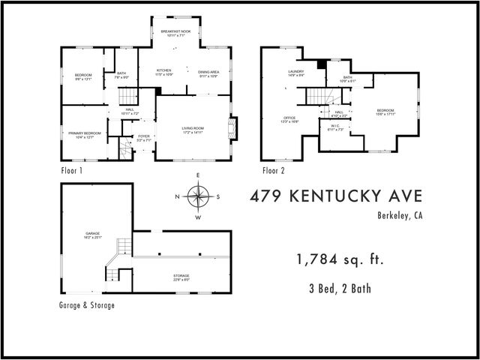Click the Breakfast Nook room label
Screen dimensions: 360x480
point(175,31)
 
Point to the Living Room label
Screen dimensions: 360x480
point(193,128)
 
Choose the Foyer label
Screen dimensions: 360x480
point(143,136)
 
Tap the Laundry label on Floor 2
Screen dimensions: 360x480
point(295,72)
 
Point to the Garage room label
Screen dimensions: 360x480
point(92,234)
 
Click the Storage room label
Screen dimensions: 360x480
point(181,276)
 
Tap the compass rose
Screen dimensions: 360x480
point(198,197)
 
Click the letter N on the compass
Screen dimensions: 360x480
point(177,197)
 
